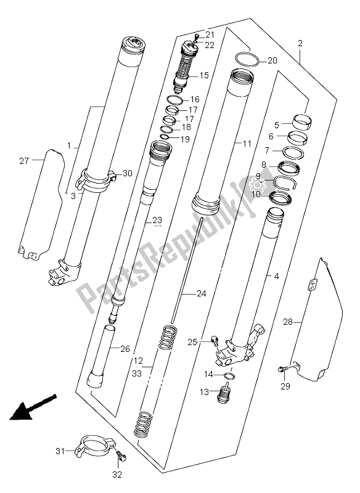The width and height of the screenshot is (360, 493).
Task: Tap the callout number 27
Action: point(23,161)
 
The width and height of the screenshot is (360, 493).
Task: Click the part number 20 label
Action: point(272,60)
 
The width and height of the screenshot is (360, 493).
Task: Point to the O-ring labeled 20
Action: point(246,60)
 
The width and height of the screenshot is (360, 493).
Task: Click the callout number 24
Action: point(201,294)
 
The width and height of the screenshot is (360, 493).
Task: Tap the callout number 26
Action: point(125,349)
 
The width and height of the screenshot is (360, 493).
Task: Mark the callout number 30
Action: point(127,173)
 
